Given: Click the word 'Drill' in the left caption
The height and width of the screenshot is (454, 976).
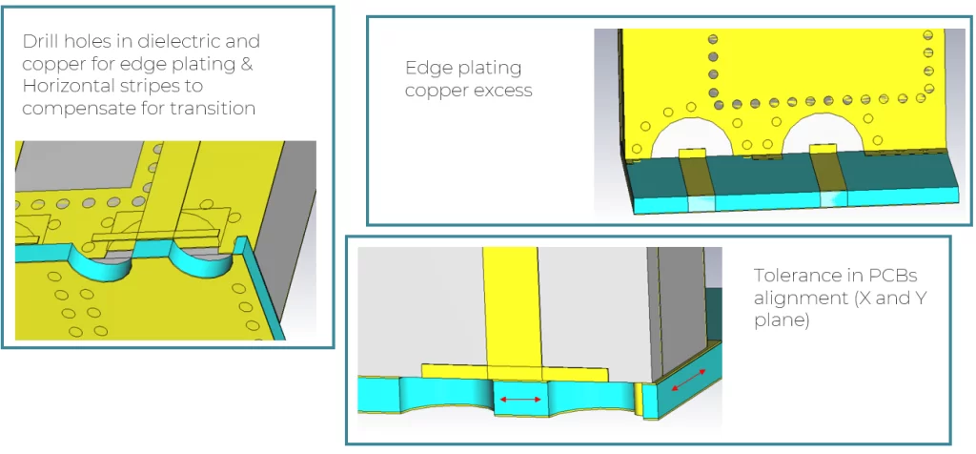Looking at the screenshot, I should (x=39, y=41).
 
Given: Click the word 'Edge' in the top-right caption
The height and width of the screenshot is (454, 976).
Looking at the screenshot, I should (x=424, y=68).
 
